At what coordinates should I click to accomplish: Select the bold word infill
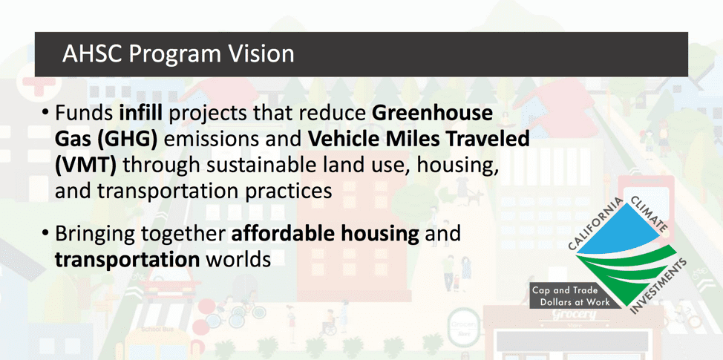pyautogui.click(x=140, y=114)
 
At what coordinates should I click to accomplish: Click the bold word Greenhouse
pyautogui.click(x=433, y=114)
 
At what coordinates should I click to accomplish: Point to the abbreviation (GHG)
pyautogui.click(x=127, y=140)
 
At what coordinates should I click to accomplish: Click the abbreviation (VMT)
pyautogui.click(x=86, y=166)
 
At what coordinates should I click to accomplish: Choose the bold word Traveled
pyautogui.click(x=488, y=140)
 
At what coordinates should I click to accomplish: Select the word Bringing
pyautogui.click(x=95, y=234)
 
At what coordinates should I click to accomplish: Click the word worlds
pyautogui.click(x=238, y=260)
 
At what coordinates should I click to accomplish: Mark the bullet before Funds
pyautogui.click(x=45, y=114)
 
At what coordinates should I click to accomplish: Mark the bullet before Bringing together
pyautogui.click(x=45, y=234)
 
